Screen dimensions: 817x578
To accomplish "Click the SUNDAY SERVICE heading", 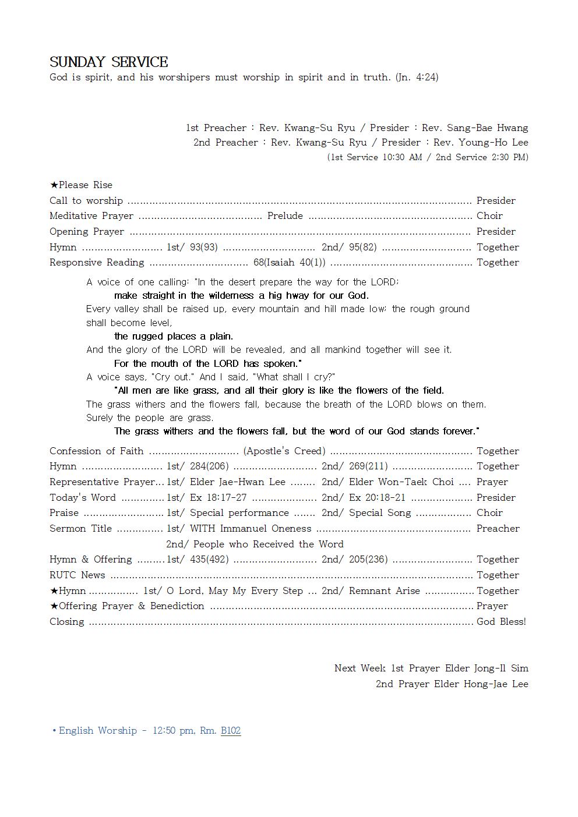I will pos(108,62).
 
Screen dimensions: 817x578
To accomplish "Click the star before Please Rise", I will pos(54,185).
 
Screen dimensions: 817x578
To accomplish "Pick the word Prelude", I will pos(285,216).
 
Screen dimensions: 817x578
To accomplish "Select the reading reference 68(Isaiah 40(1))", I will pos(289,263).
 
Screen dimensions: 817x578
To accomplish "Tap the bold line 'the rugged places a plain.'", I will pos(174,336).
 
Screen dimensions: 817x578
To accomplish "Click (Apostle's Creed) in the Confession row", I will pos(284,451).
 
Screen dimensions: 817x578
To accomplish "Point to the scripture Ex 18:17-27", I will pos(218,497).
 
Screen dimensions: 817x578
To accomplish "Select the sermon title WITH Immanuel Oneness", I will pos(251,528).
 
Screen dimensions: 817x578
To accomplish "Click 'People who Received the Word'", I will pos(268,544).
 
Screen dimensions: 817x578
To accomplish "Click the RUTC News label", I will pos(77,575).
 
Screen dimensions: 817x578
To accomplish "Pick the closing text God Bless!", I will pos(501,621).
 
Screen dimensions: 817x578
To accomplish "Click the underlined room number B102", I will pos(231,730).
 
